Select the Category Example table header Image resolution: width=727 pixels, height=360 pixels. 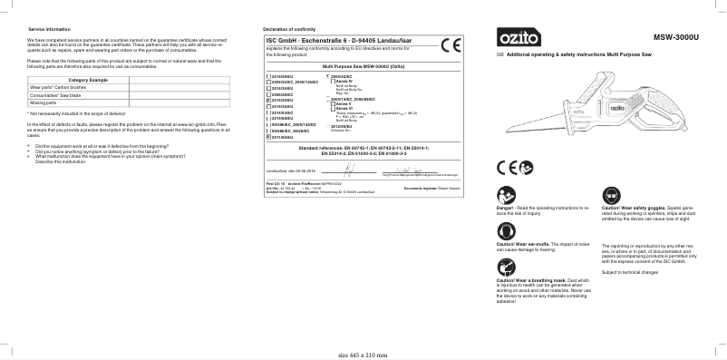[x=88, y=82]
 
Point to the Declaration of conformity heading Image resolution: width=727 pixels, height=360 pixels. [x=289, y=30]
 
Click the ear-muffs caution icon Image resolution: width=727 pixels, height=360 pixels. [x=504, y=233]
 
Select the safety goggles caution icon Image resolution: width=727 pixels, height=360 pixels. [x=609, y=195]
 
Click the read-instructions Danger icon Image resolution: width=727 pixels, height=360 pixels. [x=504, y=195]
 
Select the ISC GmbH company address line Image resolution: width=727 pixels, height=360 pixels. [x=345, y=42]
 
